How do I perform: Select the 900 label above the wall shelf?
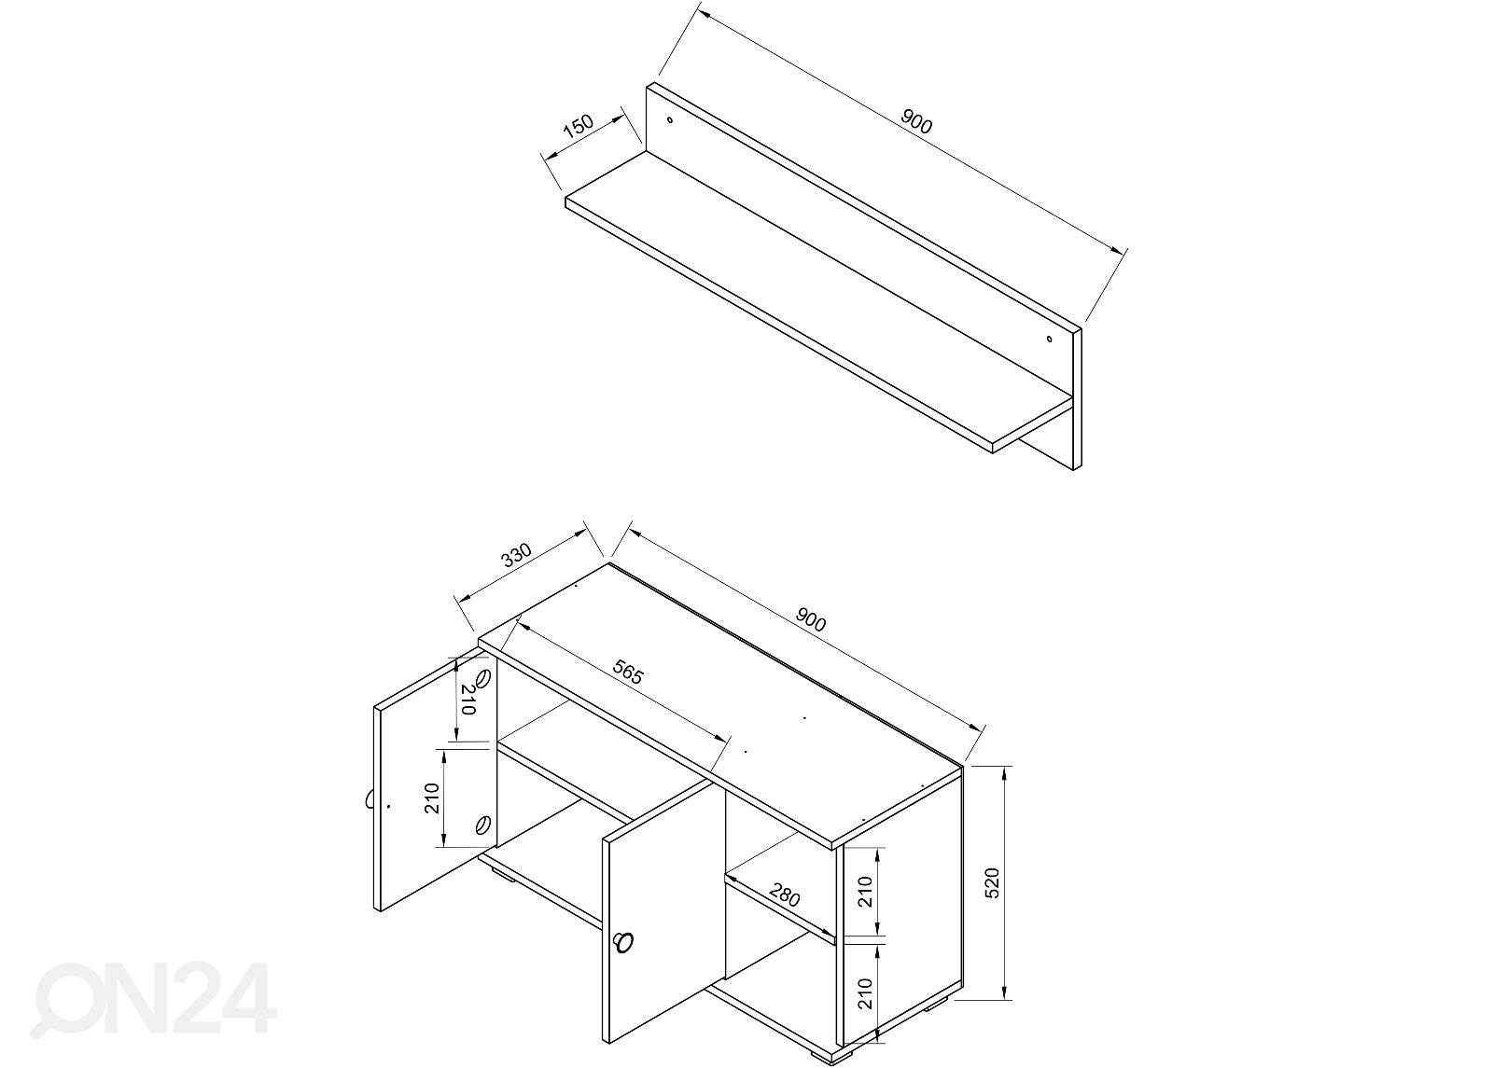(916, 121)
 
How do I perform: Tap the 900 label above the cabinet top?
(810, 619)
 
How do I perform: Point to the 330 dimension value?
(517, 555)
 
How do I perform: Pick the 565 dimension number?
(628, 673)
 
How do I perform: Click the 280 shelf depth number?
(784, 895)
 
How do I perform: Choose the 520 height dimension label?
(993, 882)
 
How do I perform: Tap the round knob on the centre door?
(623, 943)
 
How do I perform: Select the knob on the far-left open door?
(368, 798)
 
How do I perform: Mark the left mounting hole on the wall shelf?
(671, 120)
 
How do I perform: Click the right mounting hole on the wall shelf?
(1050, 340)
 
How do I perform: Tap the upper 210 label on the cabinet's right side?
(865, 892)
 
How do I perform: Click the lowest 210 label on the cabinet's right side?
(865, 993)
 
